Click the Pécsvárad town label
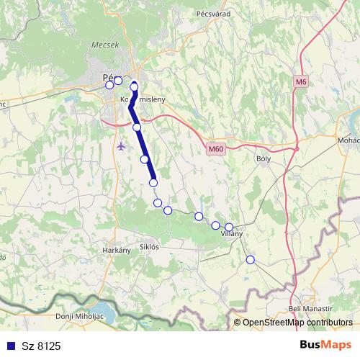[x=212, y=13]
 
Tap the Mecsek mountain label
[x=104, y=45]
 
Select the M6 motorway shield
[x=300, y=82]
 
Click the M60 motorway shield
[x=215, y=149]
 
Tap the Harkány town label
[x=117, y=250]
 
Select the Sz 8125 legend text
[x=40, y=346]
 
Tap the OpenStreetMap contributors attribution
[x=297, y=323]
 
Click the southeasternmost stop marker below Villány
[x=251, y=259]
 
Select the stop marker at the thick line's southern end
[x=153, y=183]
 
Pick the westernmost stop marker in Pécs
[x=109, y=85]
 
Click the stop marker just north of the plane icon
[x=137, y=127]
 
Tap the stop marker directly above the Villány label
[x=229, y=227]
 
